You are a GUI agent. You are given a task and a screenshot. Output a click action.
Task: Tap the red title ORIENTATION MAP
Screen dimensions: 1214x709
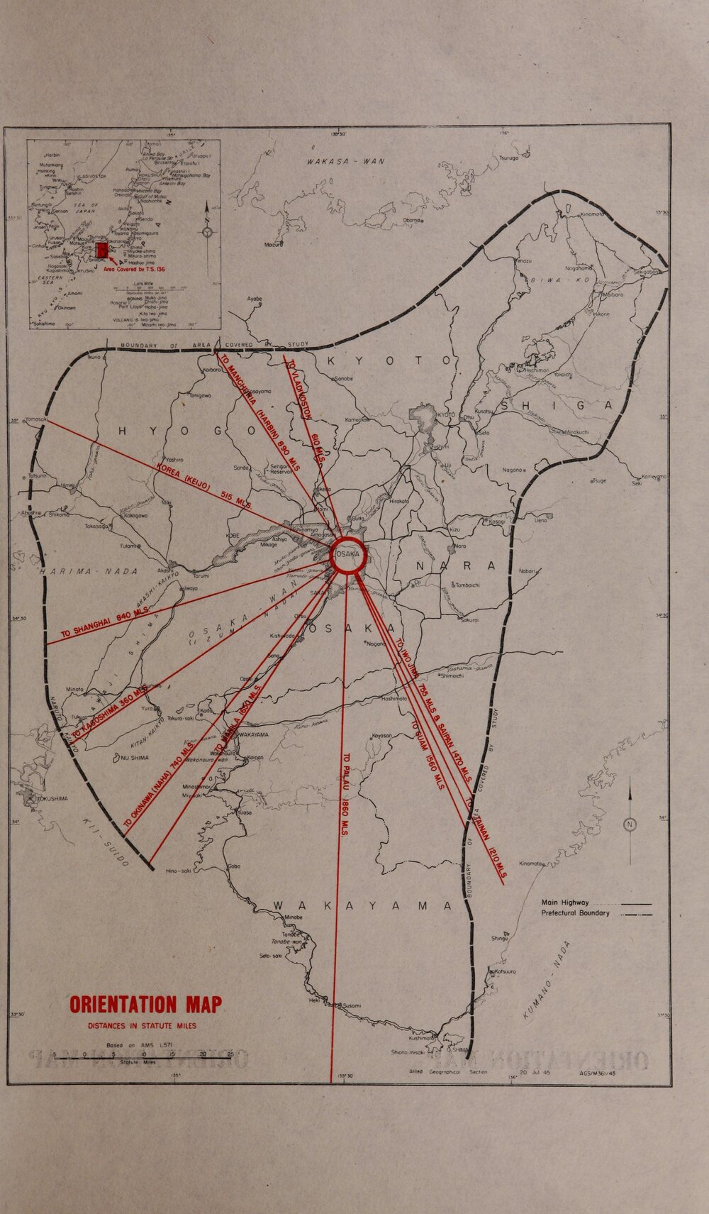pyautogui.click(x=145, y=1005)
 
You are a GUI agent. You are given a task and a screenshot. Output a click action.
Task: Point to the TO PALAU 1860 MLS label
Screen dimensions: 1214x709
pyautogui.click(x=346, y=795)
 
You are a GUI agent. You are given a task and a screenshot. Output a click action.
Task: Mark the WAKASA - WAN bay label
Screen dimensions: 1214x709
pyautogui.click(x=345, y=161)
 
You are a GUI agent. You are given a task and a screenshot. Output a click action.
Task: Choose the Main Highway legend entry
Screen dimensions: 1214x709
pyautogui.click(x=565, y=903)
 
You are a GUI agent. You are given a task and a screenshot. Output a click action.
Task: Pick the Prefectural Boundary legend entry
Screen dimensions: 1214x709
pyautogui.click(x=575, y=913)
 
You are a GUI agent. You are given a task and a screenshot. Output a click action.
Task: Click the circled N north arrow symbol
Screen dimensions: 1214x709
pyautogui.click(x=630, y=824)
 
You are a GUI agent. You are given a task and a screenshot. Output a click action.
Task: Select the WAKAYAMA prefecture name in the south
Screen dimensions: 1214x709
pyautogui.click(x=362, y=906)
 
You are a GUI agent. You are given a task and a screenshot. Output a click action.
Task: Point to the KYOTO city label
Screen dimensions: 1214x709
pyautogui.click(x=445, y=415)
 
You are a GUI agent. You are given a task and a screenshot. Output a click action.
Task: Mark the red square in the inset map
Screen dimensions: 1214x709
pyautogui.click(x=102, y=250)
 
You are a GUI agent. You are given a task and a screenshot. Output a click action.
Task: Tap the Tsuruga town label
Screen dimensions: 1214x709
pyautogui.click(x=509, y=158)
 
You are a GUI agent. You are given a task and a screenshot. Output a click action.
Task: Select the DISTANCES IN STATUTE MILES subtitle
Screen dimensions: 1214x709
pyautogui.click(x=142, y=1025)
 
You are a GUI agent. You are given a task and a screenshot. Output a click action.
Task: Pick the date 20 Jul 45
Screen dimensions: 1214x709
pyautogui.click(x=535, y=1072)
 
